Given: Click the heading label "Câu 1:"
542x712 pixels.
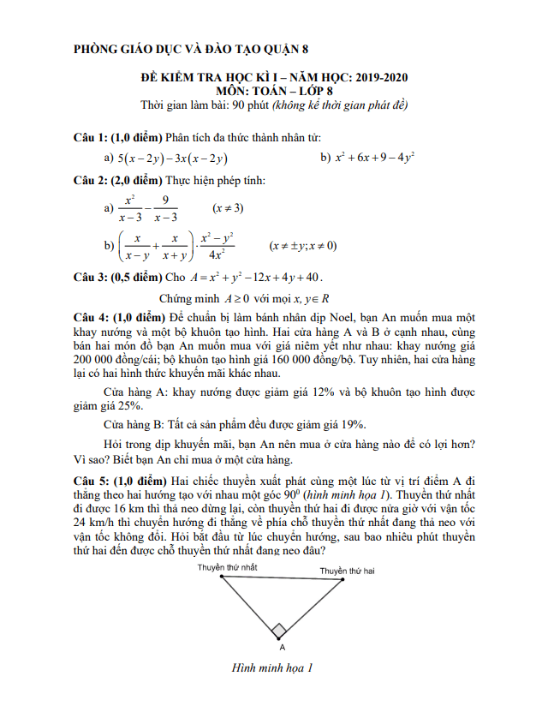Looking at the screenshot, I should point(91,138).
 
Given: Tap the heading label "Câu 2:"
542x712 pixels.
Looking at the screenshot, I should point(91,181).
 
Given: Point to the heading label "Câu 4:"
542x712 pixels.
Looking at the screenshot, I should point(91,317).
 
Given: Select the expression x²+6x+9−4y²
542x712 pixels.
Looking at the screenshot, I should point(374,159).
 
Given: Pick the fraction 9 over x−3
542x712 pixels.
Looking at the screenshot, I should point(166,208).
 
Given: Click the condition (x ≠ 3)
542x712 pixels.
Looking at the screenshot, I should point(228,208).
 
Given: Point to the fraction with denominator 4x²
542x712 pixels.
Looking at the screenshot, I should point(217,246).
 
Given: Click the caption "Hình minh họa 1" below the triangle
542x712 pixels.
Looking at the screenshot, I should point(273,668).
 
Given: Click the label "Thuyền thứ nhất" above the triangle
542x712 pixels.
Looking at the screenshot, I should point(227,567).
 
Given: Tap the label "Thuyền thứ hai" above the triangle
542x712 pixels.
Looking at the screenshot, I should point(347,571).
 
